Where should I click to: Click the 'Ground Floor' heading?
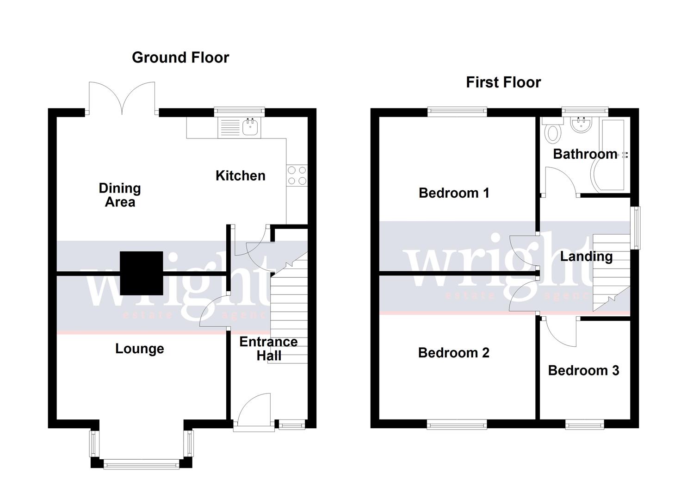[180, 57]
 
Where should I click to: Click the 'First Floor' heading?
[503, 82]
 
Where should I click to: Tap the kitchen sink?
[250, 126]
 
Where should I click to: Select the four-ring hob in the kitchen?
[297, 175]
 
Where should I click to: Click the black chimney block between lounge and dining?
[142, 273]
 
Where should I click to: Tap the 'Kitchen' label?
[241, 175]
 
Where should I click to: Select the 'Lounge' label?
[140, 349]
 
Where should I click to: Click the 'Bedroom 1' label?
[454, 193]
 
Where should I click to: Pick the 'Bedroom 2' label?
[454, 353]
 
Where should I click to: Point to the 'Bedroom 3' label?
[583, 370]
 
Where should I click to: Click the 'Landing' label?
[586, 256]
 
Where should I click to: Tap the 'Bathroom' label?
[585, 154]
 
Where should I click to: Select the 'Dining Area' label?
[120, 195]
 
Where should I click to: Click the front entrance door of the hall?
[253, 410]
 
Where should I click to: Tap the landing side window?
[637, 227]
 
